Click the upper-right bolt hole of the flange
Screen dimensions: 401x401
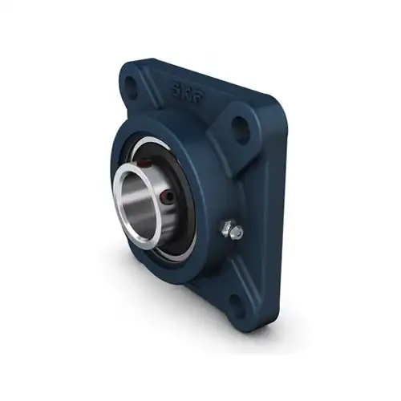click(x=241, y=126)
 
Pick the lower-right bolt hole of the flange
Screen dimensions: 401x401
click(x=237, y=301)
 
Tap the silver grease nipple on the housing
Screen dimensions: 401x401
click(x=233, y=232)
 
